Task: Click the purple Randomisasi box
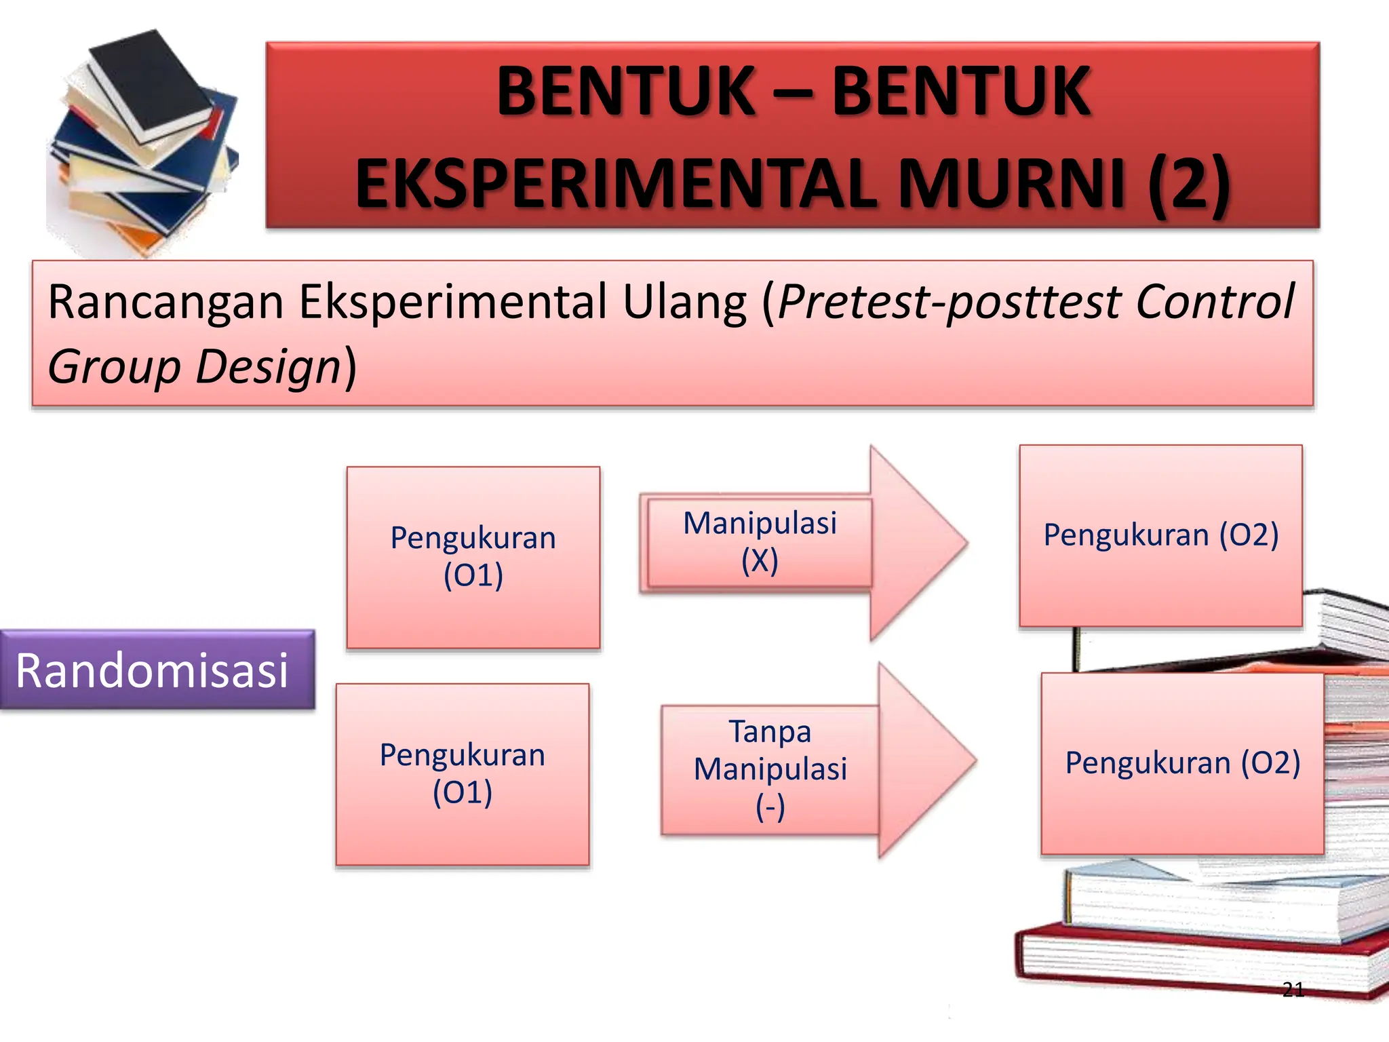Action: [x=157, y=670]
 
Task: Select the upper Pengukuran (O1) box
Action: [x=473, y=557]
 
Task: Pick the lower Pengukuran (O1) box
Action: [x=463, y=774]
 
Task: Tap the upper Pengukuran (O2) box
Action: [x=1160, y=535]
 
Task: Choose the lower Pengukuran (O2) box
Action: [x=1182, y=763]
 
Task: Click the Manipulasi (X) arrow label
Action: [x=760, y=542]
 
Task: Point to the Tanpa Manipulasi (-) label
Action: [x=770, y=769]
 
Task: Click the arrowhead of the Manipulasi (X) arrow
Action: [x=916, y=543]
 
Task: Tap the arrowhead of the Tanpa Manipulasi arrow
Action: [x=924, y=760]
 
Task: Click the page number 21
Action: [x=1293, y=990]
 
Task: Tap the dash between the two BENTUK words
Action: [x=793, y=92]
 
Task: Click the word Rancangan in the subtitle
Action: [x=165, y=302]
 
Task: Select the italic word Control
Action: [x=1215, y=302]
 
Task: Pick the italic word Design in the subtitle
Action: [x=268, y=367]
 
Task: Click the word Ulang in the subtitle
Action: [x=684, y=302]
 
